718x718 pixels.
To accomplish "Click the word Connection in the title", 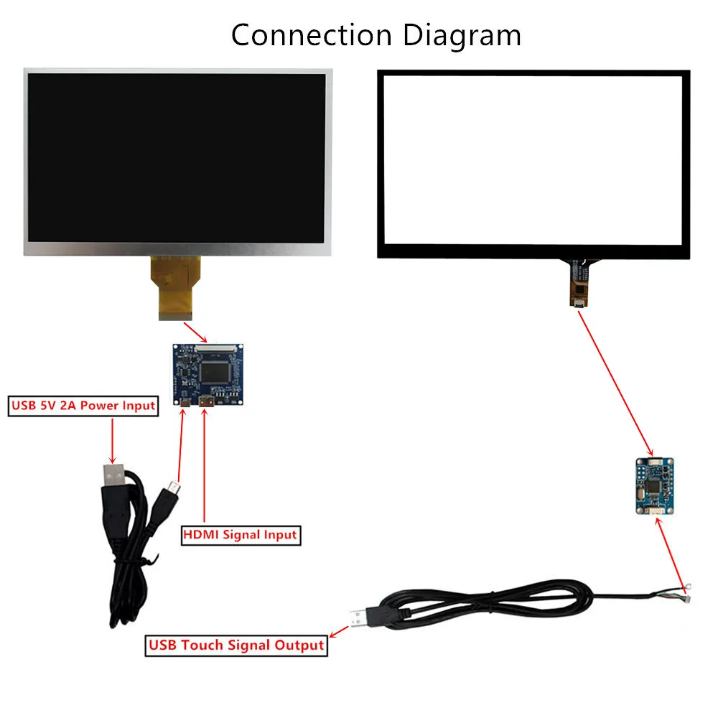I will (x=311, y=34).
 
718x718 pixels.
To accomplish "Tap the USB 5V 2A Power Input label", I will (x=83, y=406).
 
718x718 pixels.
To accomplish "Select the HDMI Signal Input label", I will (x=240, y=535).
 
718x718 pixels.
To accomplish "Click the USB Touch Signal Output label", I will (x=236, y=645).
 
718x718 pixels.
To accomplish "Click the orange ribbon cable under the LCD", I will (x=176, y=287).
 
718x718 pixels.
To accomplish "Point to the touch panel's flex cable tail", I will (x=578, y=284).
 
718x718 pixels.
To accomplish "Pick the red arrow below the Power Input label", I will (x=112, y=440).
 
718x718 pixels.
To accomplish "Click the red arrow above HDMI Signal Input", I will (x=205, y=467).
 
